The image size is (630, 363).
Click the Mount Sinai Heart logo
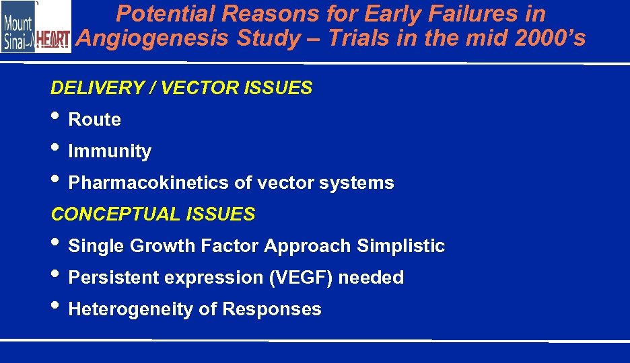tap(36, 27)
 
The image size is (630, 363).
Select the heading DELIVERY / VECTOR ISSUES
tap(182, 88)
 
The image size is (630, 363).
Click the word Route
tap(95, 120)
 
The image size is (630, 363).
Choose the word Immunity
tap(110, 151)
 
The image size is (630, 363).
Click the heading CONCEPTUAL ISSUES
tap(153, 214)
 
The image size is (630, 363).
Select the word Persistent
tap(112, 278)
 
